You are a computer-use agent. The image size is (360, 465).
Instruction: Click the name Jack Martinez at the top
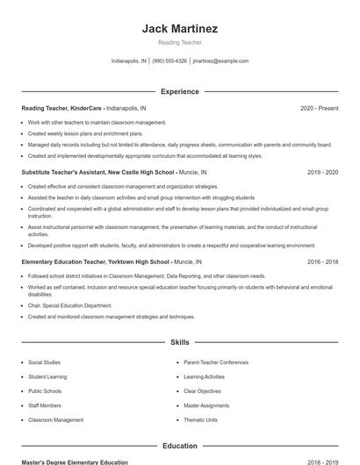(179, 28)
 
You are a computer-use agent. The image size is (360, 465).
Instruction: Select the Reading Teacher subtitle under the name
(179, 42)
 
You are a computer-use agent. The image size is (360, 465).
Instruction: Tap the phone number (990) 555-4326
(170, 61)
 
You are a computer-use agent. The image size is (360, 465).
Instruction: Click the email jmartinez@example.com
(220, 61)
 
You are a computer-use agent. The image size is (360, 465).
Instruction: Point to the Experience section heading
(179, 91)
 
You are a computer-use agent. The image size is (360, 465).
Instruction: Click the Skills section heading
(179, 342)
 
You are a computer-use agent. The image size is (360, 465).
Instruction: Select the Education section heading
(179, 446)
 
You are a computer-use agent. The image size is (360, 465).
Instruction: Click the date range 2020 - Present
(319, 108)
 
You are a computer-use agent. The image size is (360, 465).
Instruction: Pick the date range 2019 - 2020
(322, 173)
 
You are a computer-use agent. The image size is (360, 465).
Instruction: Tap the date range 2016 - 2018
(322, 261)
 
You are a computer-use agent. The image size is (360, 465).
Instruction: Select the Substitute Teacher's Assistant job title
(98, 173)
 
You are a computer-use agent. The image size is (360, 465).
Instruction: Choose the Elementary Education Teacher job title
(95, 261)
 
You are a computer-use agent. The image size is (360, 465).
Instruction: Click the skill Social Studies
(44, 362)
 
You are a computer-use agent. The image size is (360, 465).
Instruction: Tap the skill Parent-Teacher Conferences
(216, 362)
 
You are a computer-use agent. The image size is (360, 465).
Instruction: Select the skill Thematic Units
(200, 420)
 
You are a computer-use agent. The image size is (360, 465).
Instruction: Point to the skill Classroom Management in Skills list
(55, 420)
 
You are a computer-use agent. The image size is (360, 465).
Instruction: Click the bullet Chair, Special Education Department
(69, 305)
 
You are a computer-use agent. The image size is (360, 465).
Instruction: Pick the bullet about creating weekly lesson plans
(85, 133)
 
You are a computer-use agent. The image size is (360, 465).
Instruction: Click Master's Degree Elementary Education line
(75, 461)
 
